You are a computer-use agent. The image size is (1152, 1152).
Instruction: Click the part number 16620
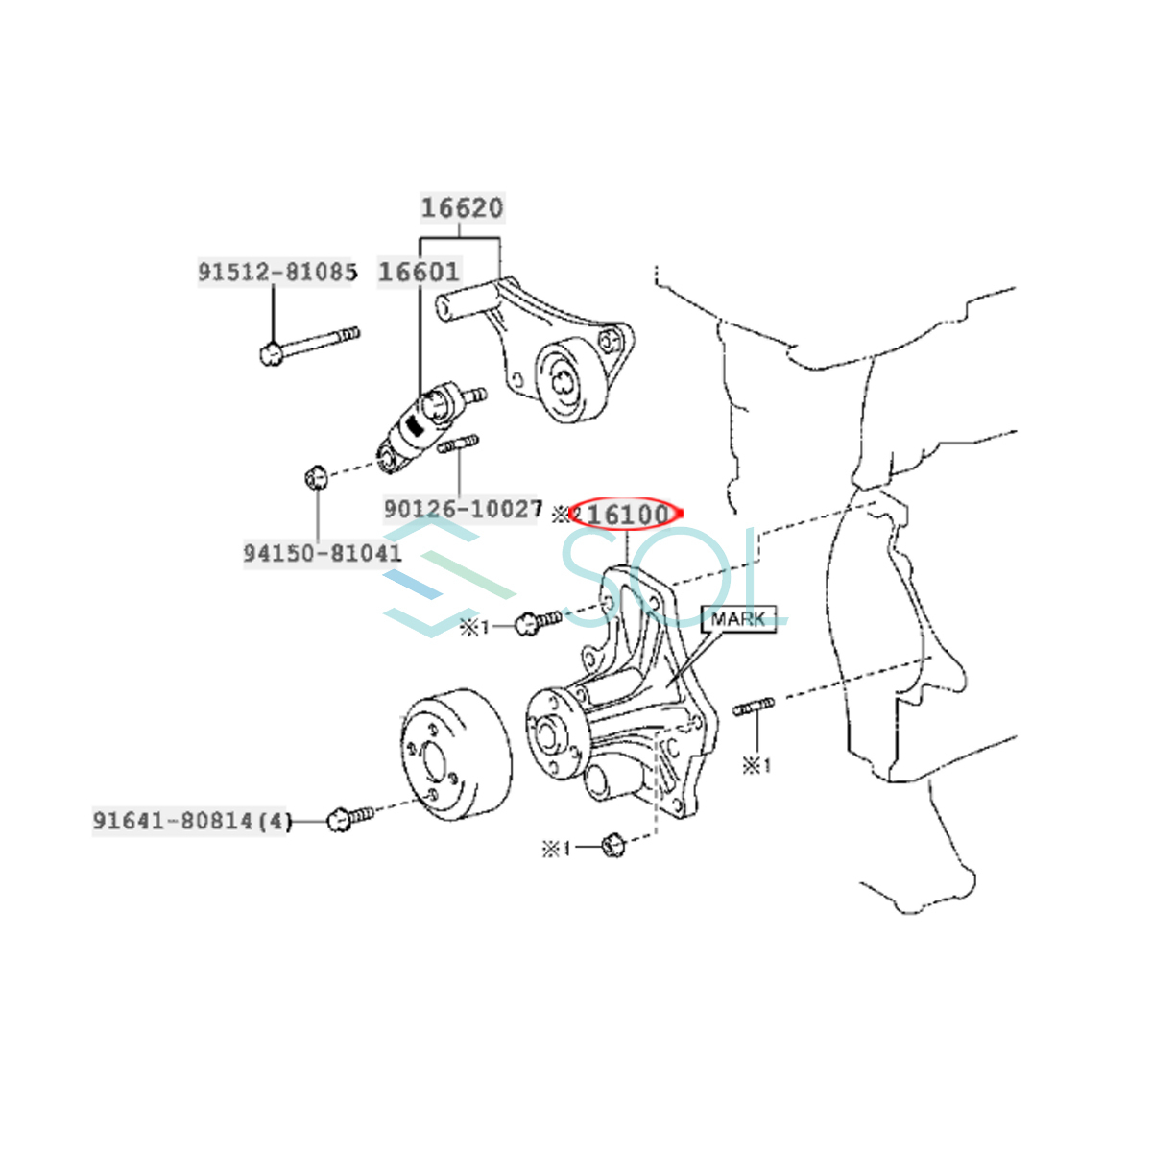(x=462, y=207)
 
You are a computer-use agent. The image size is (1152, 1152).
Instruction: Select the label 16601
(x=420, y=272)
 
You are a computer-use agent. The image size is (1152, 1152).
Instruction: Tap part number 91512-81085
(x=277, y=272)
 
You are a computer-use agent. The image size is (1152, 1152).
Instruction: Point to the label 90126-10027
(x=463, y=509)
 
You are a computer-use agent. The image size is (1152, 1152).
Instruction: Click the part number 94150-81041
(x=323, y=553)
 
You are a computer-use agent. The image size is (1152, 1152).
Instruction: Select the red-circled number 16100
(x=625, y=515)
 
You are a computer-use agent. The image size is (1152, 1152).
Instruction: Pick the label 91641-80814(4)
(x=190, y=821)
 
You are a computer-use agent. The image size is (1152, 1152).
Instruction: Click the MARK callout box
(x=738, y=619)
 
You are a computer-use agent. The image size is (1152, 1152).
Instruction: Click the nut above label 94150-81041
(x=316, y=475)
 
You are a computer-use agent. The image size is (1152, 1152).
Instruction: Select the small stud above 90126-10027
(x=459, y=444)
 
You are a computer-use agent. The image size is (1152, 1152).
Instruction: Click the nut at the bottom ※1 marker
(x=613, y=846)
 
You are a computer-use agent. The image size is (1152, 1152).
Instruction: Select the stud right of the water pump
(x=754, y=708)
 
